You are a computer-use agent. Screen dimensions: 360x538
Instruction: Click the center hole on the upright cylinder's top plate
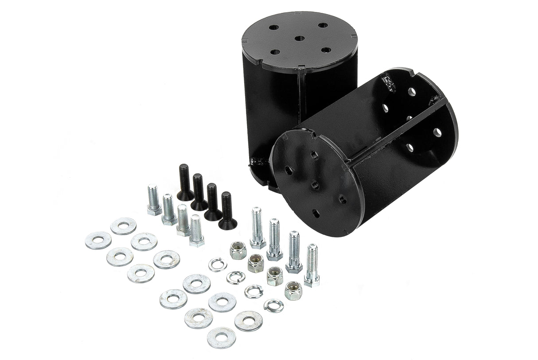(x=300, y=39)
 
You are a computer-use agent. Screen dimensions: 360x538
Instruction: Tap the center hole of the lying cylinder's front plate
(x=315, y=185)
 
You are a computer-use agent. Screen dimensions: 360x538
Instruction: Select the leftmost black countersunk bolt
(x=184, y=182)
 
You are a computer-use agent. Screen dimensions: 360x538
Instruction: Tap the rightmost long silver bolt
(x=312, y=265)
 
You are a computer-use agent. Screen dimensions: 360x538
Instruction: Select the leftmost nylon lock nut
(x=238, y=250)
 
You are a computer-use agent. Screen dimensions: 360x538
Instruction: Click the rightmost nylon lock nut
(x=293, y=290)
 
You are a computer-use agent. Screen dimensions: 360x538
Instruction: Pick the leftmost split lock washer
(x=218, y=264)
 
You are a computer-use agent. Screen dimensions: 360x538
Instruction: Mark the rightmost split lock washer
(x=273, y=306)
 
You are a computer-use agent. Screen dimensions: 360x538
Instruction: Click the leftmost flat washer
(x=98, y=240)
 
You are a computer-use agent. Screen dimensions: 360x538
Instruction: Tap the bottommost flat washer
(x=221, y=337)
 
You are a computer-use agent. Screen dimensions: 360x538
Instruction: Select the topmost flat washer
(x=123, y=226)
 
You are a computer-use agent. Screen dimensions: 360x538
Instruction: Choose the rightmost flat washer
(x=248, y=321)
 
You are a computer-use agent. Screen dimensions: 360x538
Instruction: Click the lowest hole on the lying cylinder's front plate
(x=316, y=213)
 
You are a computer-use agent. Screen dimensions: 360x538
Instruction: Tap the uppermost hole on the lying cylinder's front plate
(x=314, y=155)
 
